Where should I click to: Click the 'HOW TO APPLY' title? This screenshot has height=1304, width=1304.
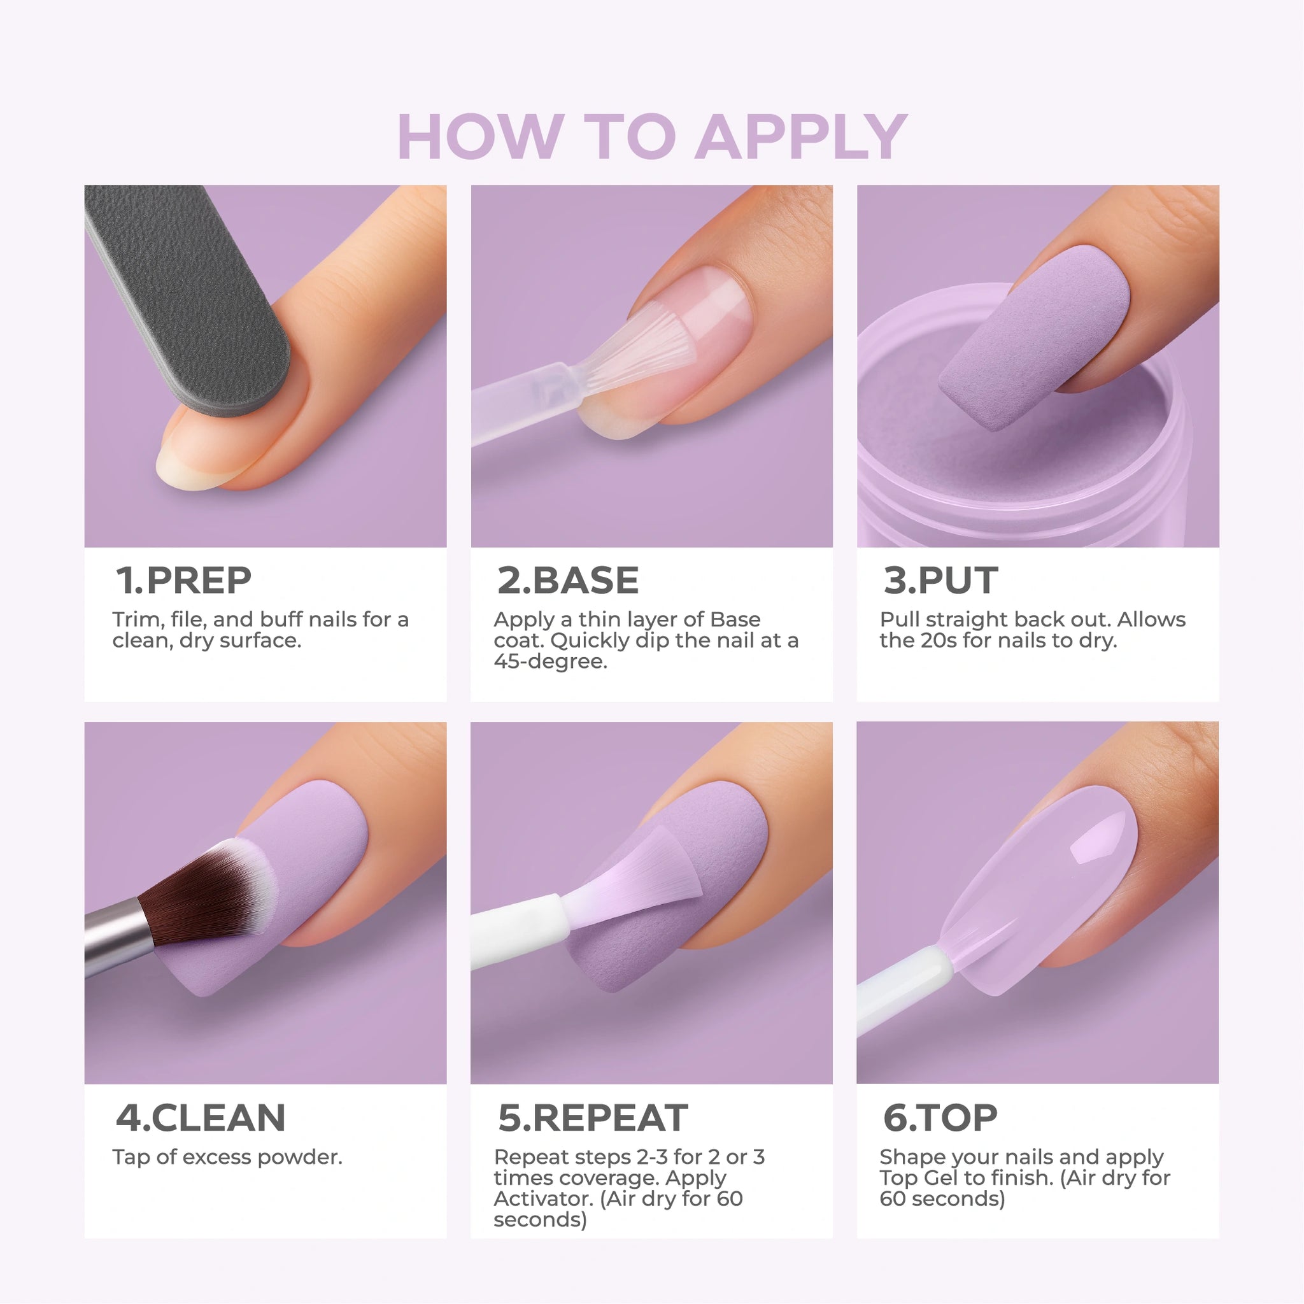pos(652,137)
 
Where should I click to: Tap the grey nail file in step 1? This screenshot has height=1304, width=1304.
pos(188,297)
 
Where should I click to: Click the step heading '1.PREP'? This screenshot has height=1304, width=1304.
pos(183,581)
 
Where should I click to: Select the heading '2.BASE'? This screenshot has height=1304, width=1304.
pos(567,581)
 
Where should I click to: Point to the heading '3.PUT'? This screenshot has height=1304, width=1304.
pos(940,581)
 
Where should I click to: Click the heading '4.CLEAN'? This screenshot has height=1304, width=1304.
pos(201,1117)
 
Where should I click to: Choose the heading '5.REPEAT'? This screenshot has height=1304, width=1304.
pos(593,1117)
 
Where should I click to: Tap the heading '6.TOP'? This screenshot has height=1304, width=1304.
pos(940,1117)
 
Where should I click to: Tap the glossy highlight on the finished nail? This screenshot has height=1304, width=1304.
pos(1097,840)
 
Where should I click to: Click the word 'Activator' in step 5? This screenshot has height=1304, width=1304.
pos(541,1199)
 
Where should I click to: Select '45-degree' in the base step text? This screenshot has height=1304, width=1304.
pos(550,662)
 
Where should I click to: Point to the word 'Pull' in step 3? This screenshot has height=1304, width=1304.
pos(897,620)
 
